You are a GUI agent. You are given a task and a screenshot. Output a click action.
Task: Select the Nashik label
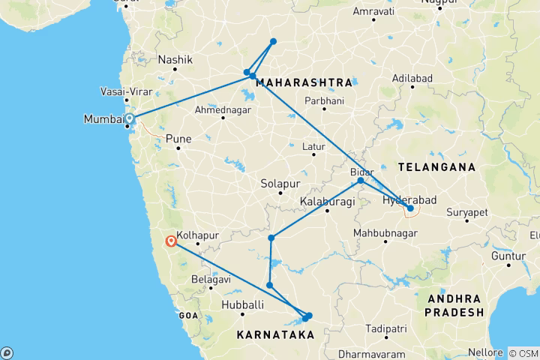tap(175, 60)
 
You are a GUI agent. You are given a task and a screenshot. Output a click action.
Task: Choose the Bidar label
tap(362, 172)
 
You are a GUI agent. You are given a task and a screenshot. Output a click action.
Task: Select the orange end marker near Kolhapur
tap(172, 241)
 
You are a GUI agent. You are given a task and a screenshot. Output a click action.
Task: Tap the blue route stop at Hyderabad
tap(410, 208)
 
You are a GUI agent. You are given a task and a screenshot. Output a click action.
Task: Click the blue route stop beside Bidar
tap(361, 181)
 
